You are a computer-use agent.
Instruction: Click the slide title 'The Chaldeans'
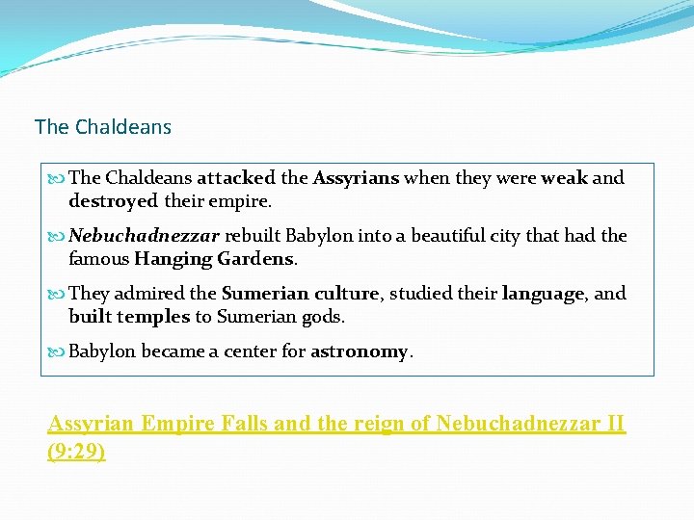coord(103,127)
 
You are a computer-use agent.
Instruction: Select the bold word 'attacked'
coord(236,178)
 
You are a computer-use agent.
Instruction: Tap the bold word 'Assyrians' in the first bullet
coord(356,178)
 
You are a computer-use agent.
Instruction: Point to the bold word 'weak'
coord(564,178)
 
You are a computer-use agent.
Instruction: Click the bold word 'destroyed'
coord(113,201)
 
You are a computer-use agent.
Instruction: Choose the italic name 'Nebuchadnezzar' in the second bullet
coord(145,236)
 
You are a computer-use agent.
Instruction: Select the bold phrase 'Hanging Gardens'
coord(214,259)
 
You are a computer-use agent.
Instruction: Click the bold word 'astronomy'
coord(360,351)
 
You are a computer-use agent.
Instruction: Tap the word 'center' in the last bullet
coord(251,351)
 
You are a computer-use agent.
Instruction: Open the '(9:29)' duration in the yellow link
coord(76,452)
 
